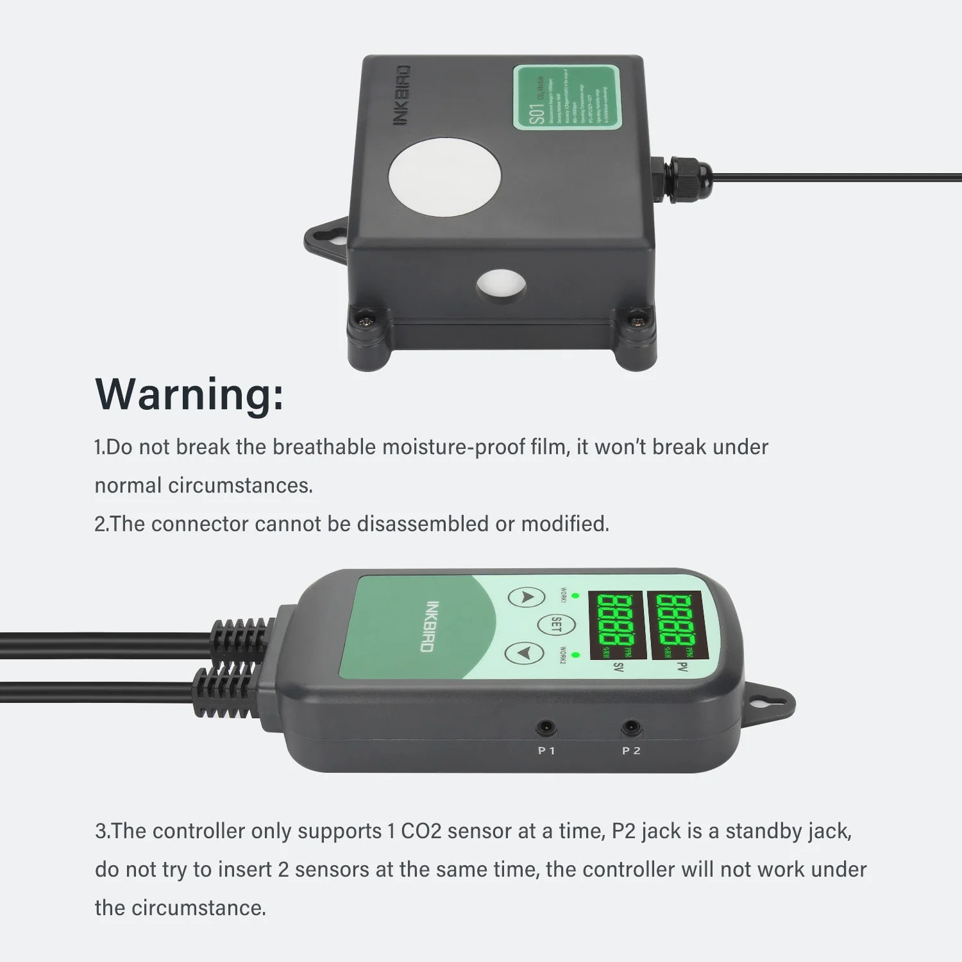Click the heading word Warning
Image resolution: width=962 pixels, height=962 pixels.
click(x=189, y=394)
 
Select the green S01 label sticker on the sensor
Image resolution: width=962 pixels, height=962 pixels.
click(x=566, y=97)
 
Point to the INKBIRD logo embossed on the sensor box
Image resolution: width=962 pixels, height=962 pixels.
click(x=401, y=95)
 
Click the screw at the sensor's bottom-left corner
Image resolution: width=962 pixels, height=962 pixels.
click(x=367, y=317)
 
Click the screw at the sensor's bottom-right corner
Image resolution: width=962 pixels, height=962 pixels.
click(x=636, y=317)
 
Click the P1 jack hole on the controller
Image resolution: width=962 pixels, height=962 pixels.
click(x=546, y=728)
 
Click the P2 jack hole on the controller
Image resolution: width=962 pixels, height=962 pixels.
click(x=631, y=728)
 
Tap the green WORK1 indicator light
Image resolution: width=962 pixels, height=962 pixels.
click(x=575, y=596)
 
